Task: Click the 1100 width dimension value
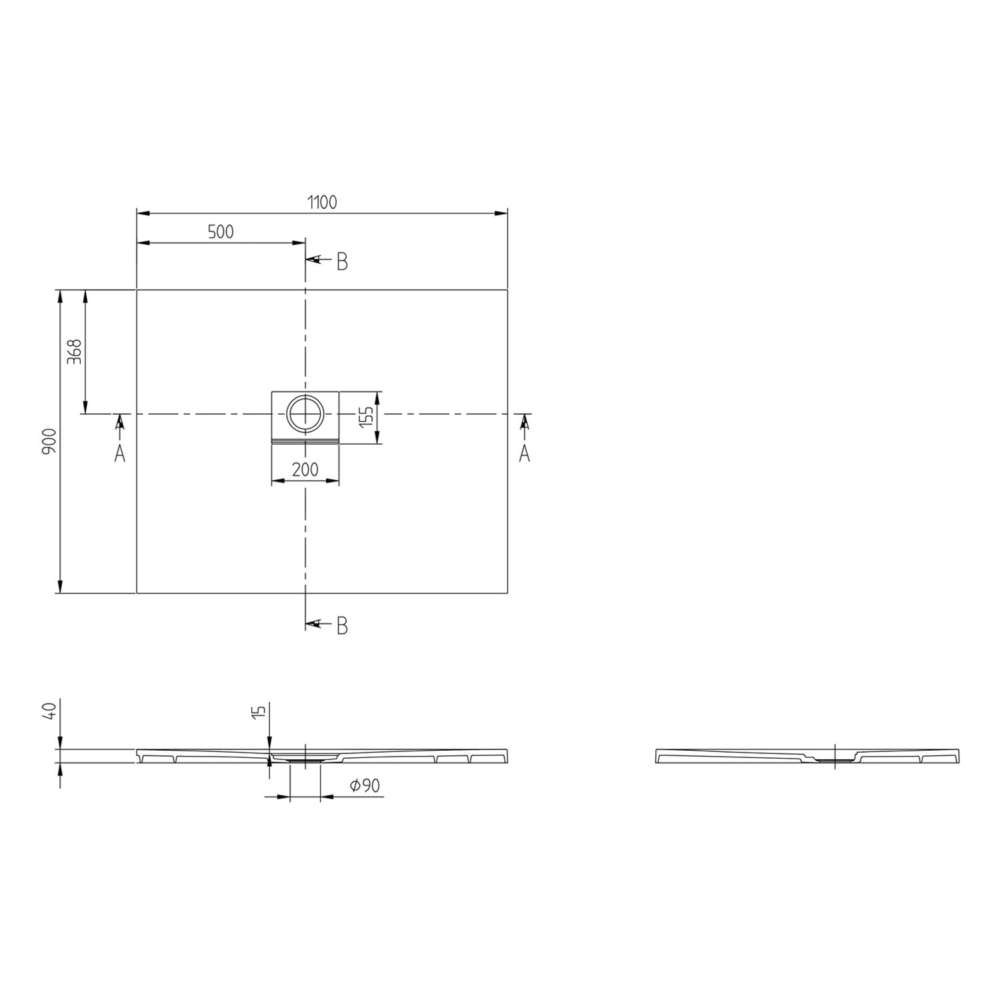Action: coord(322,202)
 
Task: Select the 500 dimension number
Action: coord(221,231)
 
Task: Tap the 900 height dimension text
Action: coord(49,441)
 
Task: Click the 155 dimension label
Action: coord(365,417)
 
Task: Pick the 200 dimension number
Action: coord(305,469)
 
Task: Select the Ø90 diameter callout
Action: coord(365,786)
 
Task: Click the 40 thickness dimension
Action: coord(49,710)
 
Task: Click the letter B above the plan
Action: coord(342,262)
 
